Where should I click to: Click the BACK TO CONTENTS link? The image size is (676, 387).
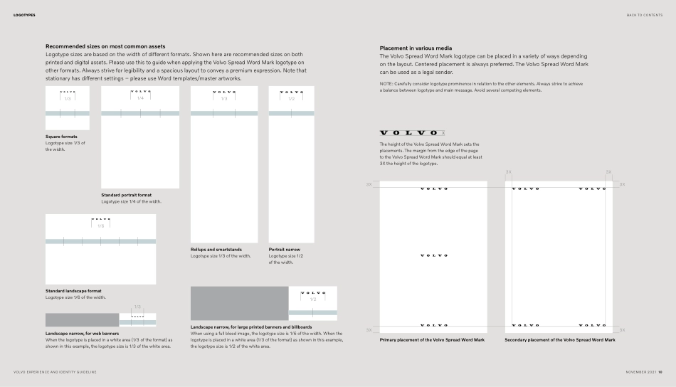tap(644, 15)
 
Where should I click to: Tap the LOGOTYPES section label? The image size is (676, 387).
tap(24, 15)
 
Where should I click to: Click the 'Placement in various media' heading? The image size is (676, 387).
tap(416, 48)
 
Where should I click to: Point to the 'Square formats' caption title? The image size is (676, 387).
tap(61, 137)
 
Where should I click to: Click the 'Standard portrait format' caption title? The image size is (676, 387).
tap(126, 195)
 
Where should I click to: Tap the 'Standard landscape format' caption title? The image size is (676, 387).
tap(73, 291)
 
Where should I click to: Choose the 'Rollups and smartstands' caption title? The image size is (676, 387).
tap(216, 250)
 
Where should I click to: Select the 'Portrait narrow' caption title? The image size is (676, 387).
tap(284, 250)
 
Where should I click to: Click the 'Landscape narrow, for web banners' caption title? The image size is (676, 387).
tap(82, 333)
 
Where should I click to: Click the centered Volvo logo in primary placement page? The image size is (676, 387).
tap(433, 255)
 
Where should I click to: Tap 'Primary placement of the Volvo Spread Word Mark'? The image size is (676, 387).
tap(432, 340)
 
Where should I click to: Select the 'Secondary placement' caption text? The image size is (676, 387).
tap(560, 340)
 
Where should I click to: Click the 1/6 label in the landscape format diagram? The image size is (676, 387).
tap(100, 226)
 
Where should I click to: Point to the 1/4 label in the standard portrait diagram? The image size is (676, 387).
tap(140, 98)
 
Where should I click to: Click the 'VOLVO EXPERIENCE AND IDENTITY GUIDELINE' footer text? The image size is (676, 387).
tap(55, 372)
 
